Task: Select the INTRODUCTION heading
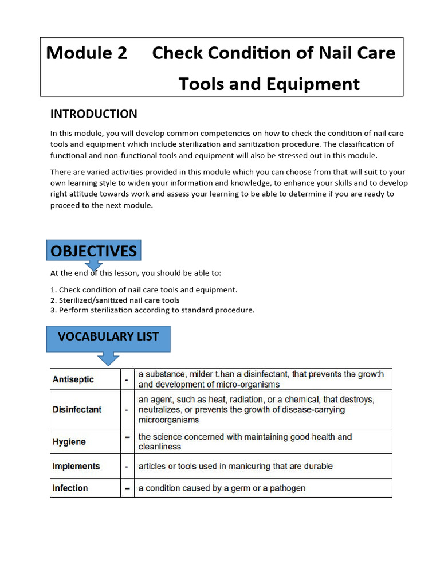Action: tap(93, 114)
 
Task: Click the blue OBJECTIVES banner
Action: tap(93, 251)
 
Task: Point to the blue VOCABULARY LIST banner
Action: tap(108, 337)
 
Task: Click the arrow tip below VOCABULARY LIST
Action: tap(108, 362)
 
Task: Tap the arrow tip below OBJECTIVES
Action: tap(94, 268)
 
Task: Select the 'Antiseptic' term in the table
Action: tap(73, 379)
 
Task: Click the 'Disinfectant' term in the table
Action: tap(77, 409)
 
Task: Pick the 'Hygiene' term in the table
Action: tap(69, 442)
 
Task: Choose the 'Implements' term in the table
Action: tap(76, 467)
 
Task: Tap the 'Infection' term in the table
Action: tap(70, 488)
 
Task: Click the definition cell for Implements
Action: tap(235, 467)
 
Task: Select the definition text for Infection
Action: tap(222, 488)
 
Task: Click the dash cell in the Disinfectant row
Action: tap(127, 410)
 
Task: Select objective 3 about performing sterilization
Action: tap(152, 310)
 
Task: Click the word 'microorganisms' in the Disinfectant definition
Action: tap(168, 420)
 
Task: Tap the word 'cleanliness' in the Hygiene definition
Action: tap(159, 447)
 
